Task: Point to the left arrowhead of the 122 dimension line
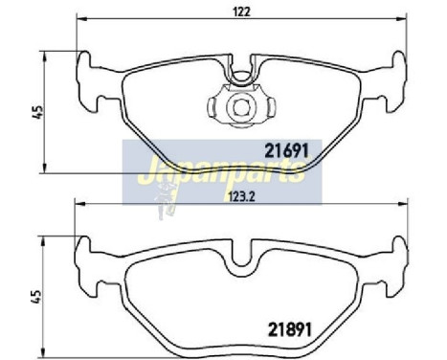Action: click(82, 18)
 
